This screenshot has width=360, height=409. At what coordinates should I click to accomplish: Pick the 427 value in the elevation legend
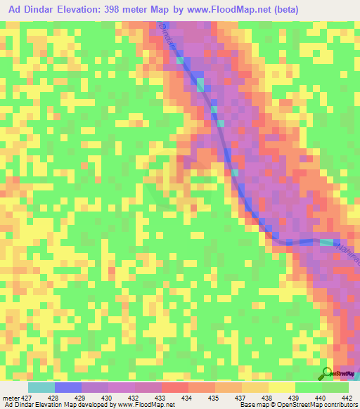[x=21, y=398]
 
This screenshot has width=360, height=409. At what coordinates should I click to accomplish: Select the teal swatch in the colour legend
[x=41, y=387]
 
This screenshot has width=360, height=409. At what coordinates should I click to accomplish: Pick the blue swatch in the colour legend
[x=67, y=387]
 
